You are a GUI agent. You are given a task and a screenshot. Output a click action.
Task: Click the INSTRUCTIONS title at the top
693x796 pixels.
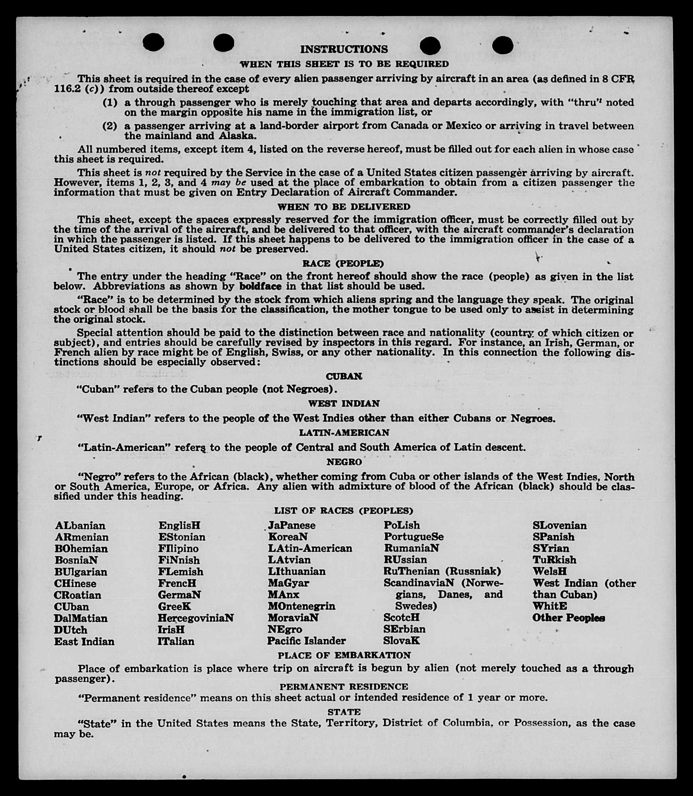click(344, 49)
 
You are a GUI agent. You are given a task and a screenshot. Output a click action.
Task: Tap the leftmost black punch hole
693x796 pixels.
click(153, 42)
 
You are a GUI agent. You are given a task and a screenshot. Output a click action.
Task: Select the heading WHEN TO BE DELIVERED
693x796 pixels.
click(344, 207)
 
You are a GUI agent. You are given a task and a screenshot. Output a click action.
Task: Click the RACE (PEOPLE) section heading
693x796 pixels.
click(343, 263)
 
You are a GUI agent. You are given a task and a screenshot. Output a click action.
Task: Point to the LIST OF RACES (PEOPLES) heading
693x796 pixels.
click(343, 511)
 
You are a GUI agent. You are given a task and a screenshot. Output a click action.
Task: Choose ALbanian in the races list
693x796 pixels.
click(80, 525)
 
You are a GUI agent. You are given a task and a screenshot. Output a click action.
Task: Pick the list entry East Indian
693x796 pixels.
click(85, 641)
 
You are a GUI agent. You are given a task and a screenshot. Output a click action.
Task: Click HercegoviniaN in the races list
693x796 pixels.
click(195, 618)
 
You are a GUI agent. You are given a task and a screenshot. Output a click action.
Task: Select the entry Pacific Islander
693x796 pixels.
click(306, 641)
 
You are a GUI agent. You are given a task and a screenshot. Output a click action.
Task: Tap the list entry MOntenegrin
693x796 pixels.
click(301, 606)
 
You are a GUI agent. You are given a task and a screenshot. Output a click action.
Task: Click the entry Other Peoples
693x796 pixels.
click(569, 618)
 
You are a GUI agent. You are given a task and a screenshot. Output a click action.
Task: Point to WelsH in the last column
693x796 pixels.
click(549, 571)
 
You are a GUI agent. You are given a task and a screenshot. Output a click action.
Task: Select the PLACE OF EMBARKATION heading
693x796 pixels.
click(344, 655)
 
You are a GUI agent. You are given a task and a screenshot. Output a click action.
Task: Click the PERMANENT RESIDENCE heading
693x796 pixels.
click(344, 687)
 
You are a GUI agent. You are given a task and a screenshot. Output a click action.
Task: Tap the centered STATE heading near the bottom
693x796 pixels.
click(344, 712)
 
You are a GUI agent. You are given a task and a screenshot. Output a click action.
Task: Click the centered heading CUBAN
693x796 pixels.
click(344, 376)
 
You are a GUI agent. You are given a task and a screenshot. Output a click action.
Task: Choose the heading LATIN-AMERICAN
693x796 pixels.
click(344, 433)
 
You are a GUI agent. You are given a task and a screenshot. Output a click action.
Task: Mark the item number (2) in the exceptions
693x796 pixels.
click(110, 126)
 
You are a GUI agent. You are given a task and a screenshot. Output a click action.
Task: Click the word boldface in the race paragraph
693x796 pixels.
click(260, 286)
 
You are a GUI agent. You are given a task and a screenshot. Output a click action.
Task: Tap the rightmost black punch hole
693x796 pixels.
click(502, 45)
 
